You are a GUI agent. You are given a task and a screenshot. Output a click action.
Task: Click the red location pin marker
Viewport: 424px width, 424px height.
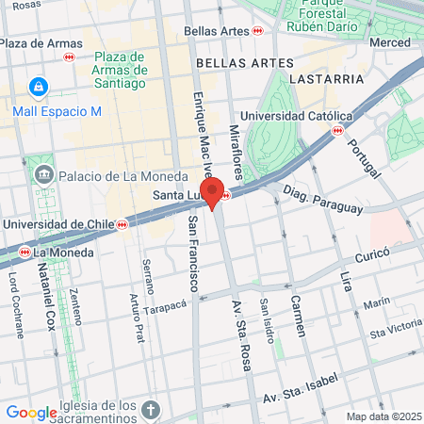pyautogui.click(x=212, y=192)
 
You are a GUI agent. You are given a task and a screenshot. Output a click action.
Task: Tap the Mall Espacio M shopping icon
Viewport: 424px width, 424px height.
pyautogui.click(x=38, y=88)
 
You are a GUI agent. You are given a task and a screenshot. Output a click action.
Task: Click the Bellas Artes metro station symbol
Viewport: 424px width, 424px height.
pyautogui.click(x=257, y=31)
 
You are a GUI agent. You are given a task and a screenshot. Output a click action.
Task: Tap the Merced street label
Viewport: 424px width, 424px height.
pyautogui.click(x=390, y=43)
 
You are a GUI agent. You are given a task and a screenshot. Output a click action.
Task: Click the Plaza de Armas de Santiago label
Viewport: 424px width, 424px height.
pyautogui.click(x=121, y=70)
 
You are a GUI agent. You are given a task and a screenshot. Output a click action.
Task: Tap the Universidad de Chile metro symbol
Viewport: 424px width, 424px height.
pyautogui.click(x=122, y=224)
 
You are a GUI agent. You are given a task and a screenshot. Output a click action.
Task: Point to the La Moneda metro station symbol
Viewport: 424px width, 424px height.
pyautogui.click(x=27, y=253)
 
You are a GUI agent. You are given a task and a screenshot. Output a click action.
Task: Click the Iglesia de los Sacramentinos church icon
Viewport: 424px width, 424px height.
pyautogui.click(x=154, y=410)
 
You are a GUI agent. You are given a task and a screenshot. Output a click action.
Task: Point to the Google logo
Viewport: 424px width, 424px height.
pyautogui.click(x=31, y=412)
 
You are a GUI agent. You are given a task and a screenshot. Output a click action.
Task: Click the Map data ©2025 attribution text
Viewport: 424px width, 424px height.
pyautogui.click(x=383, y=416)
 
